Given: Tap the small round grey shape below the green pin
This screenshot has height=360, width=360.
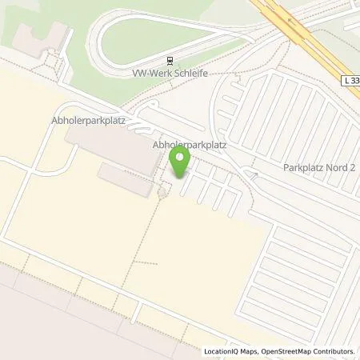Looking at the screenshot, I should click(x=163, y=190).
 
